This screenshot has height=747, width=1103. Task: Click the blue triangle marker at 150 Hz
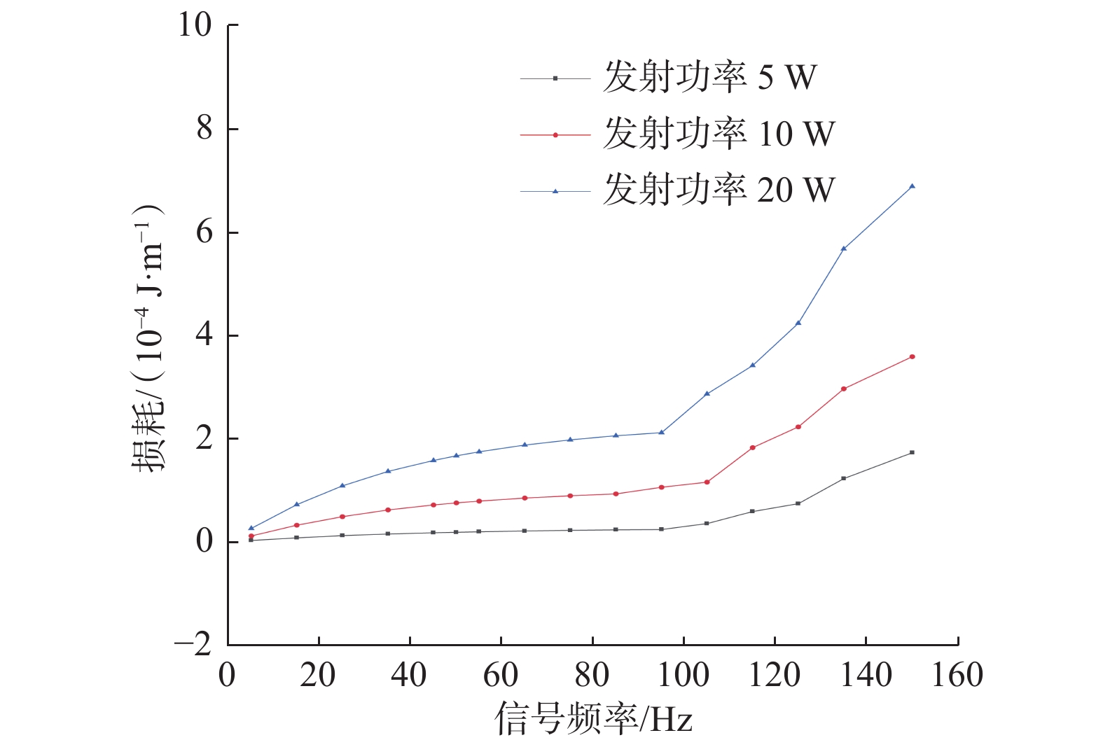[x=912, y=186]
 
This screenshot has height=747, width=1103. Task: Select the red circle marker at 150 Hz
[x=912, y=356]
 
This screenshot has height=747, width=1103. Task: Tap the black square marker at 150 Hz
[x=912, y=452]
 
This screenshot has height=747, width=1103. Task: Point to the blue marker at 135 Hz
[x=843, y=249]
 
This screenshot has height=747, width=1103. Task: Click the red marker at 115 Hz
[x=752, y=447]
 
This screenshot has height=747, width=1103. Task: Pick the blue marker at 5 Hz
[x=251, y=529]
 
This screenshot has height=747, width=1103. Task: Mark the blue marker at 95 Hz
[x=661, y=432]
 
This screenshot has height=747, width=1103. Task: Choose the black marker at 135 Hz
[x=843, y=478]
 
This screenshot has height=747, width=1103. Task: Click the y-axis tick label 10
[x=194, y=25]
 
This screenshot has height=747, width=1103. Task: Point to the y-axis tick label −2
[x=193, y=644]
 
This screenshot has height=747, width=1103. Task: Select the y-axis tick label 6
[x=204, y=232]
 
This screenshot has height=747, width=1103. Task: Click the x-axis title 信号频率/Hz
[x=594, y=719]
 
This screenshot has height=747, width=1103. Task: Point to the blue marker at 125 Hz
[x=798, y=323]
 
